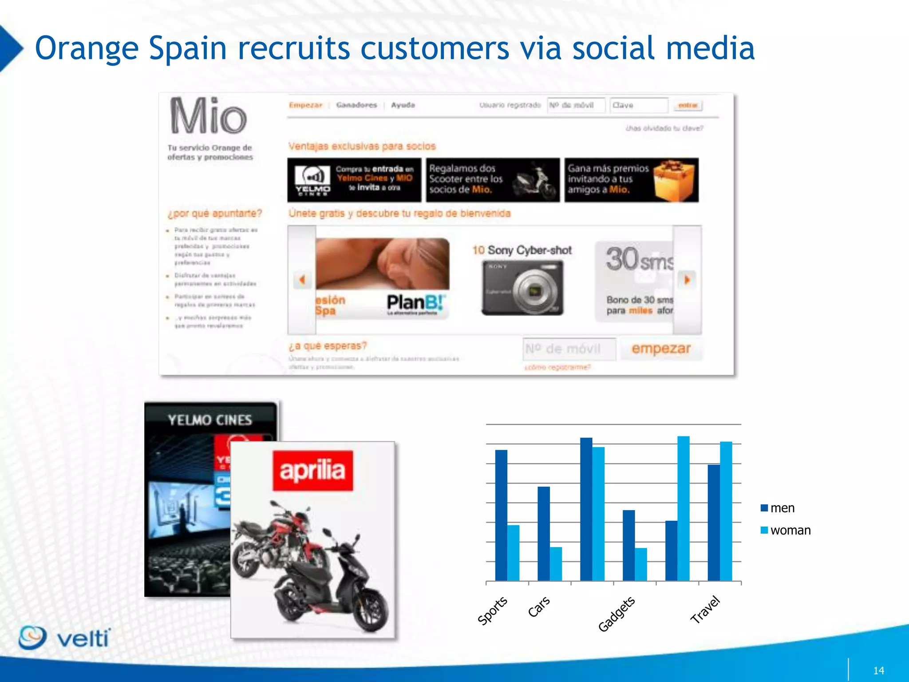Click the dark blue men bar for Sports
501,515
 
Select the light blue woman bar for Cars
556,564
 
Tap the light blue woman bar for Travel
726,511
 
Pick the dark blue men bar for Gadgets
628,545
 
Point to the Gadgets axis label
617,615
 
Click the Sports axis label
492,611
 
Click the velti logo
65,638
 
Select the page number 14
878,670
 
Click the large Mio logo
208,116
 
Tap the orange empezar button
661,349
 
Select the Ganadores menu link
356,105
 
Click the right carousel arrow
687,280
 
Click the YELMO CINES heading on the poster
209,420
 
